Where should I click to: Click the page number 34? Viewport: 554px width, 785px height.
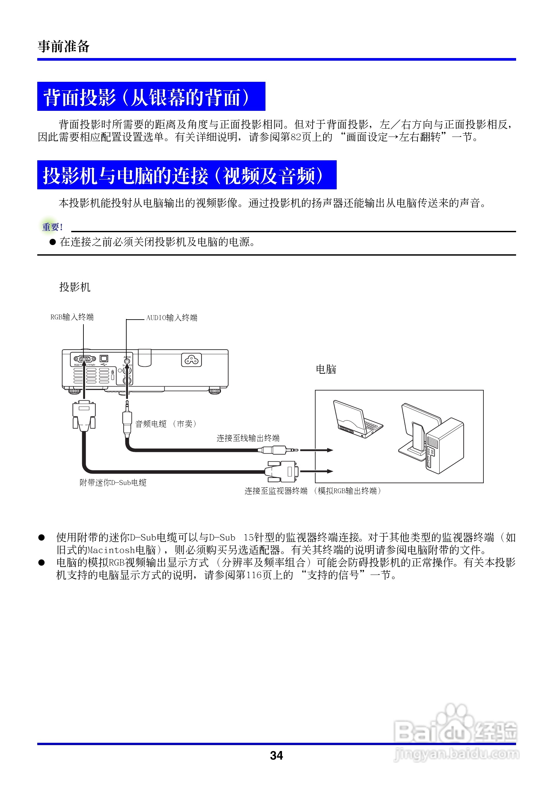pos(276,755)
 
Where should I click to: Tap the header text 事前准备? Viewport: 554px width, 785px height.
pos(64,46)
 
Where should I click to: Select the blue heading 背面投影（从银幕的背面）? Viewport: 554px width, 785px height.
pos(151,97)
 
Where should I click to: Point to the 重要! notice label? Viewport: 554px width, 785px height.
pos(52,227)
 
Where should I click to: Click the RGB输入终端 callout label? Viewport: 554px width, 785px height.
pos(72,317)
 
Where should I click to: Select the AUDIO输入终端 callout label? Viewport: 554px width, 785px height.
pos(171,318)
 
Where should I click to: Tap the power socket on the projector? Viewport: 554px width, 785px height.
pos(191,360)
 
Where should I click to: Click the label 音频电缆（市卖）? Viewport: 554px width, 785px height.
pos(167,424)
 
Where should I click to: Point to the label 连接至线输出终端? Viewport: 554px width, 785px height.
pos(248,438)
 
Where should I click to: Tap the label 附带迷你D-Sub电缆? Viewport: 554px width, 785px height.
pos(113,483)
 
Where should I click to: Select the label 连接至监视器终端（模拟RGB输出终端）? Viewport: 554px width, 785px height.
pos(313,491)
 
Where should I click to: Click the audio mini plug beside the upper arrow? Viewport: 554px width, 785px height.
pos(279,450)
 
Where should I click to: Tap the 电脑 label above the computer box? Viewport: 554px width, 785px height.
pos(326,369)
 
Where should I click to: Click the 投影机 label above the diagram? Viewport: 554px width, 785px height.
pos(75,287)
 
